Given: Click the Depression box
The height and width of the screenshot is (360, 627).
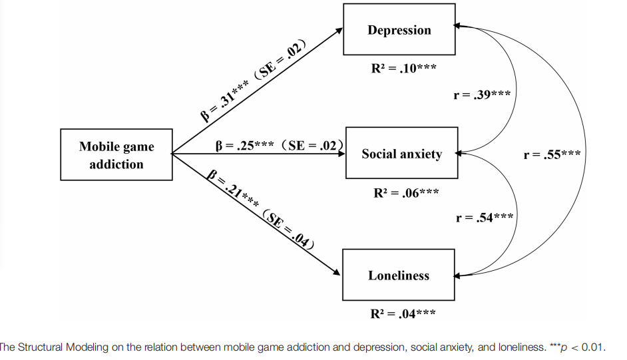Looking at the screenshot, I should coord(399,29).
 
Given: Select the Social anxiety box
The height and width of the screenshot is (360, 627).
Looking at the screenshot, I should coord(401,154).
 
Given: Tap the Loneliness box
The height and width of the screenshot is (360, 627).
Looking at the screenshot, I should coord(399,275).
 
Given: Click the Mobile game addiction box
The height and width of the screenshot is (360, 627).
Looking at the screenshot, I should coord(116,155).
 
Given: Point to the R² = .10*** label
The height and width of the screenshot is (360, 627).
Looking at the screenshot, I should coord(404,68).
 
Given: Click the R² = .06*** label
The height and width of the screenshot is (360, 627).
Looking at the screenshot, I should coord(405,193).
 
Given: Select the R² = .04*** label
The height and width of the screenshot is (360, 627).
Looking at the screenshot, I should coord(403,313).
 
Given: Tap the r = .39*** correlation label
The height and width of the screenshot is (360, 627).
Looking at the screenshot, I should coord(482,94).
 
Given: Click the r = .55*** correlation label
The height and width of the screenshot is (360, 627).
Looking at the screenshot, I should coord(552,154).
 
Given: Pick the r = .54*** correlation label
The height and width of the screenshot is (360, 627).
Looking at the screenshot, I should coord(485,217).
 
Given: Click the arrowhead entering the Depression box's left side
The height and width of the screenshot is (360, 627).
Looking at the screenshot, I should coord(339,30).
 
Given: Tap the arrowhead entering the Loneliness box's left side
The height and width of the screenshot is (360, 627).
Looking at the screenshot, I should coord(338,273).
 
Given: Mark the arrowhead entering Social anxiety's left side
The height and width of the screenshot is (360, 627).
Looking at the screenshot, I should coord(341,154).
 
